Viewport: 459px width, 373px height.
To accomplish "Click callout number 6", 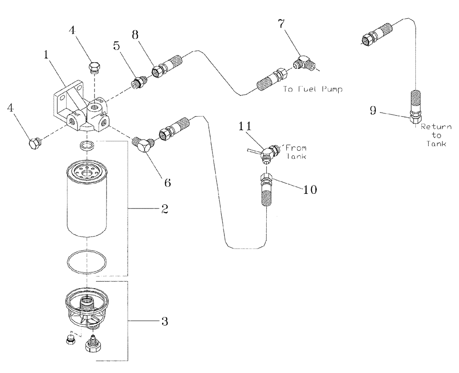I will (x=168, y=182).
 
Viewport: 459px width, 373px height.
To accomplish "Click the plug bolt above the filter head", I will (x=93, y=68).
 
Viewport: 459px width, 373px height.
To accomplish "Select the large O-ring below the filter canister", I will (x=86, y=262).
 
